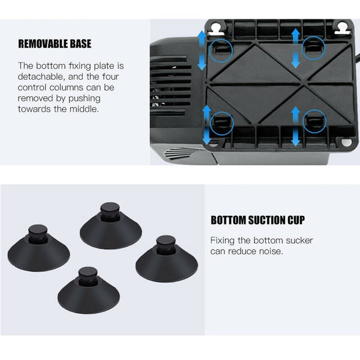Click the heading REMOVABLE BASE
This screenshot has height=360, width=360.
click(x=55, y=44)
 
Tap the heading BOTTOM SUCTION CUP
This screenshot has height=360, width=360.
click(x=257, y=220)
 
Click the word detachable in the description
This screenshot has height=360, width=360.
click(x=40, y=76)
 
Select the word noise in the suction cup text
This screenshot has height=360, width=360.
click(x=271, y=251)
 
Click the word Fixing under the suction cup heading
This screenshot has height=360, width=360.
click(x=222, y=241)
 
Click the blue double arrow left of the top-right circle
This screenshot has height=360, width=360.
click(x=296, y=48)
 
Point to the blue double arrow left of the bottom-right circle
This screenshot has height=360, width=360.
click(x=295, y=126)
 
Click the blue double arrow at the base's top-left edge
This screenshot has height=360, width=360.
click(x=202, y=50)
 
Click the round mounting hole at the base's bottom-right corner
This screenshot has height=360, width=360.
click(x=346, y=142)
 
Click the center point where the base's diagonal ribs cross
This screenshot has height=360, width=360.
click(x=303, y=83)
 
